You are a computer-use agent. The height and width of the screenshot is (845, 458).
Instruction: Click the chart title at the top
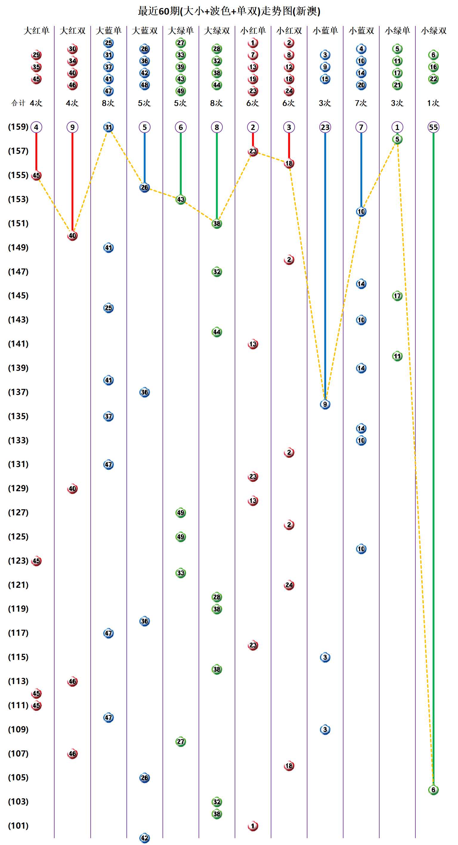(x=229, y=11)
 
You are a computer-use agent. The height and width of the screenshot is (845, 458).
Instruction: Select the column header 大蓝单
(x=109, y=31)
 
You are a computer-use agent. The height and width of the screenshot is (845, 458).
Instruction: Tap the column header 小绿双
(x=433, y=31)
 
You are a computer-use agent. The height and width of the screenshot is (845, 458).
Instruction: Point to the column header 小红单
(x=253, y=31)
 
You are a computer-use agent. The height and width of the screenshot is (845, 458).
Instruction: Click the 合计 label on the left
(x=18, y=103)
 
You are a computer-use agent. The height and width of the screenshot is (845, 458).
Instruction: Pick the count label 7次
(x=361, y=103)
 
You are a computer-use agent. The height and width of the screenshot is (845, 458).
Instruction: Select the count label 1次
(x=433, y=103)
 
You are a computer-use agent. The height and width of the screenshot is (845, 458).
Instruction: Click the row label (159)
(x=18, y=127)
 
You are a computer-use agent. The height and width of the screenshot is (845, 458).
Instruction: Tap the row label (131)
(x=18, y=464)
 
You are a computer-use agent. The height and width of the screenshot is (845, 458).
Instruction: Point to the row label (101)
(x=18, y=826)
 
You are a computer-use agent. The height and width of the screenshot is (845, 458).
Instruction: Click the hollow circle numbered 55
(x=433, y=127)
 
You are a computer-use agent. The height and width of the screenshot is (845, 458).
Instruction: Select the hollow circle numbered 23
(x=325, y=127)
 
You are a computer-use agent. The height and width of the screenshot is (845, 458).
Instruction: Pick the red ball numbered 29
(x=36, y=55)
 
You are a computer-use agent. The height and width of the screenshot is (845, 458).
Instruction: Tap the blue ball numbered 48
(x=145, y=85)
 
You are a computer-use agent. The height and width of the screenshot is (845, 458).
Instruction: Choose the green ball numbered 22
(x=433, y=79)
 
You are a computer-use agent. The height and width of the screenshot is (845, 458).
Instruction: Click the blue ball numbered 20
(x=361, y=85)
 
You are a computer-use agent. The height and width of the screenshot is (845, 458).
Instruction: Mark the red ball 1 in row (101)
(x=253, y=826)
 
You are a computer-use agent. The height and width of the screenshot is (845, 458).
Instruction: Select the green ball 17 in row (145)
(x=397, y=296)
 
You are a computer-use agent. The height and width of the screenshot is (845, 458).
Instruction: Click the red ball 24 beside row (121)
(x=289, y=585)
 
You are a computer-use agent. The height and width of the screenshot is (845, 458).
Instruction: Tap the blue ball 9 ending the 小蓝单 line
(x=325, y=404)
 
